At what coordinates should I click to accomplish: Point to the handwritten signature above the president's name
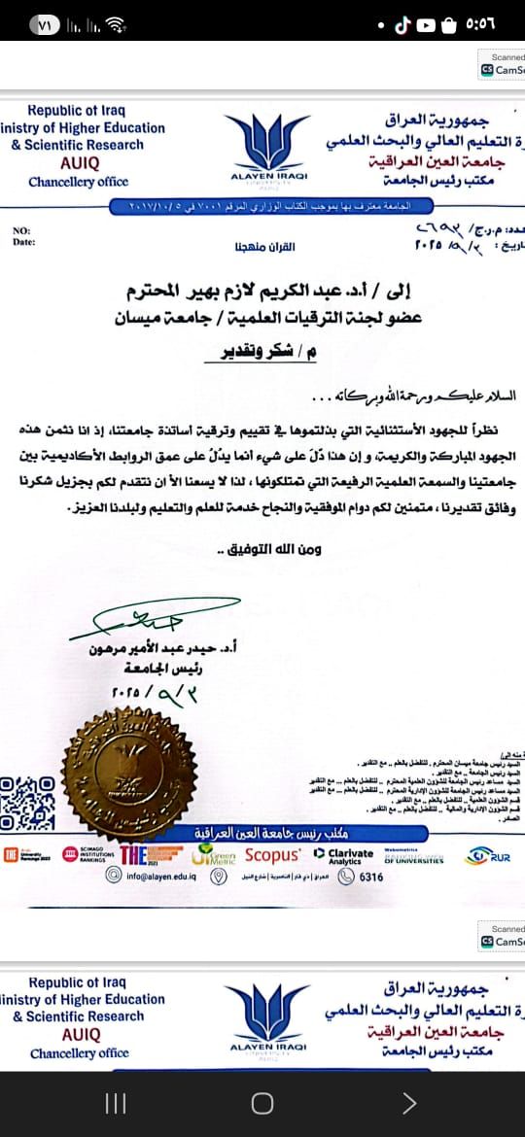(137, 616)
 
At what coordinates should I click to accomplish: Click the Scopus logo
(272, 855)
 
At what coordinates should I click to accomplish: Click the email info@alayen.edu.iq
(156, 876)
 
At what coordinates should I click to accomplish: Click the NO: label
(20, 230)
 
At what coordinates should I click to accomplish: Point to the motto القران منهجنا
(262, 246)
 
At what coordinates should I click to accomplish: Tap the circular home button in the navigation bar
(262, 1103)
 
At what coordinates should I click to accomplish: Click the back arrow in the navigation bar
(409, 1103)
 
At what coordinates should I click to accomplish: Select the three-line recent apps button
(116, 1103)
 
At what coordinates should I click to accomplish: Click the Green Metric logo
(213, 855)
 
